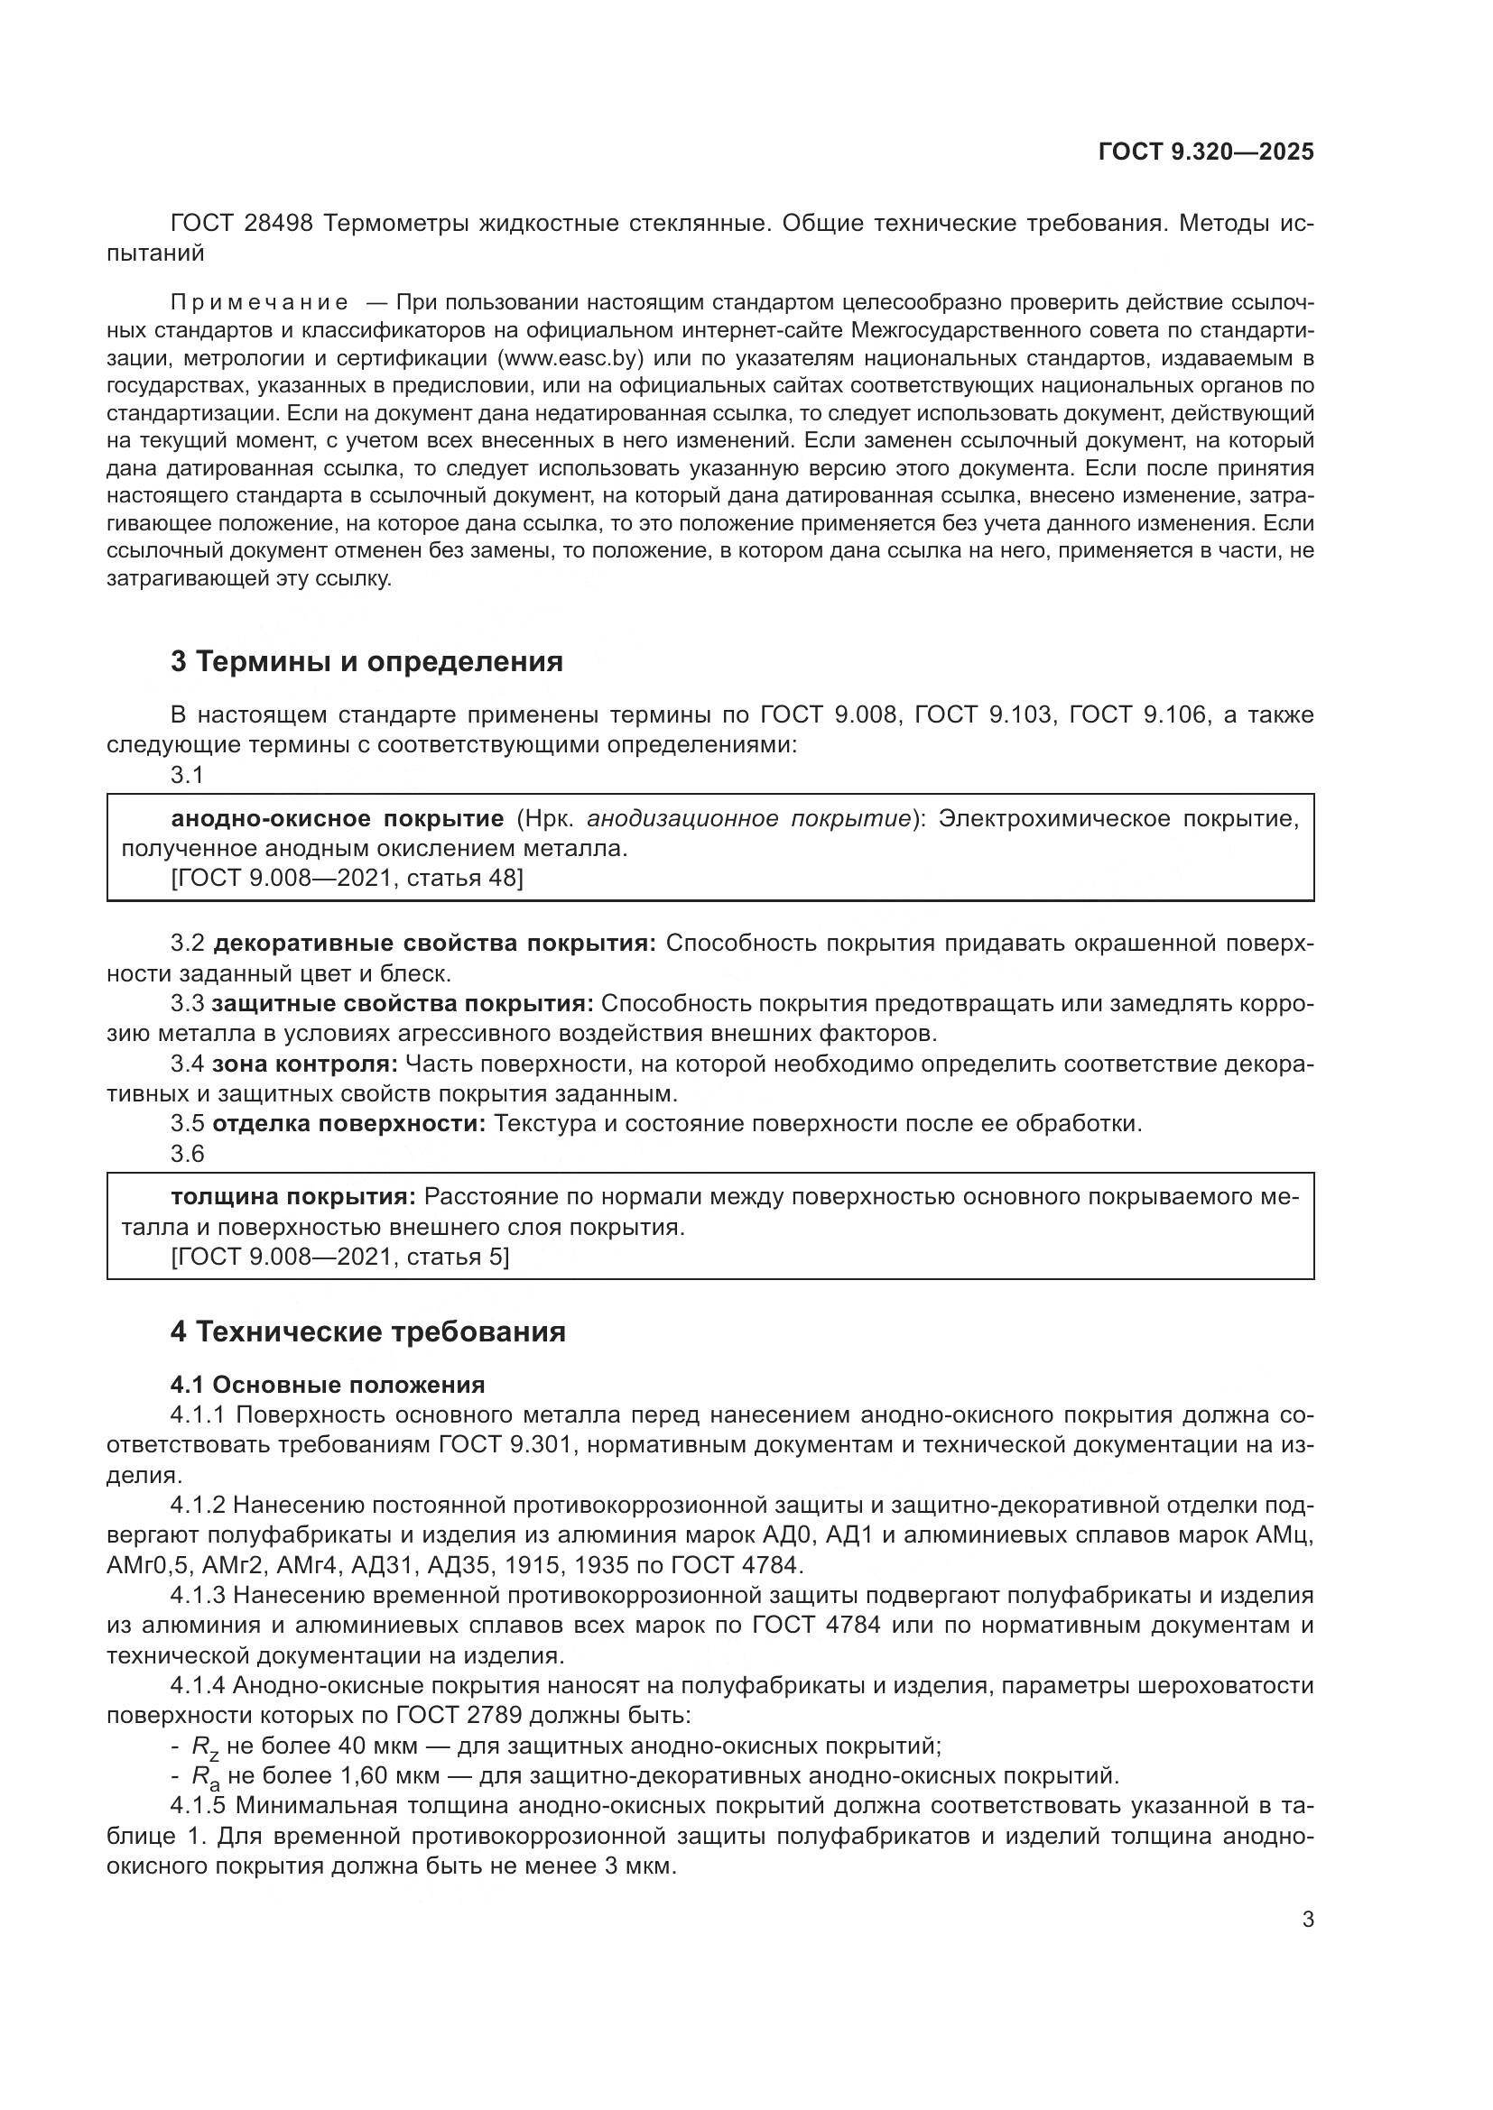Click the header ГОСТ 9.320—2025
pyautogui.click(x=1205, y=152)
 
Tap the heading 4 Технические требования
pyautogui.click(x=367, y=1331)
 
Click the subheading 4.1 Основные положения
pyautogui.click(x=328, y=1384)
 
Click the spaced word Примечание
pyautogui.click(x=259, y=302)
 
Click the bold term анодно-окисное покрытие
pyautogui.click(x=338, y=819)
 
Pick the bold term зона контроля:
pyautogui.click(x=304, y=1064)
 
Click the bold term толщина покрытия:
pyautogui.click(x=293, y=1196)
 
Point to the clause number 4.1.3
pyautogui.click(x=198, y=1596)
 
